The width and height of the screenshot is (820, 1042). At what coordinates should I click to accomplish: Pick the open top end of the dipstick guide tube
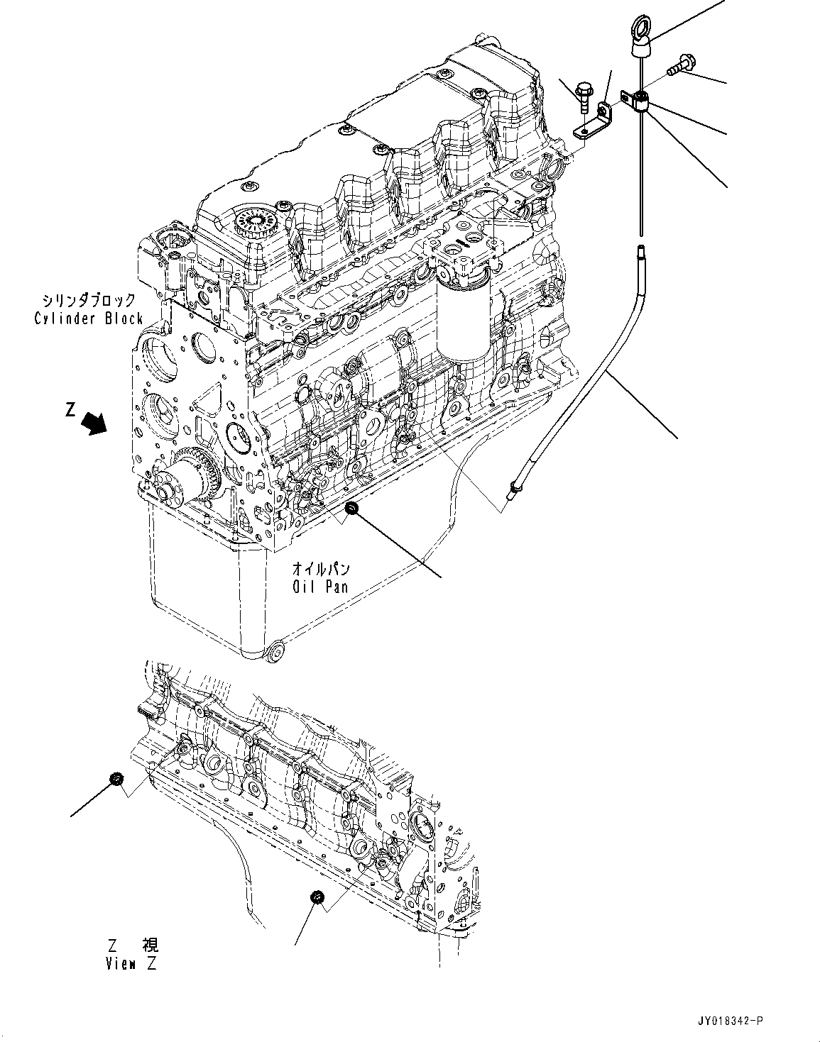point(641,248)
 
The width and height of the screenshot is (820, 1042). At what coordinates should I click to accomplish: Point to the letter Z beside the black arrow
point(70,409)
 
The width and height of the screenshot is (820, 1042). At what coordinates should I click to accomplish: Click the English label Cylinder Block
point(89,318)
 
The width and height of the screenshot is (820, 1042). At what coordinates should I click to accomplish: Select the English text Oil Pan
point(320,586)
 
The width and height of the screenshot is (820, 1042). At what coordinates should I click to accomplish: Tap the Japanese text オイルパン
point(321,569)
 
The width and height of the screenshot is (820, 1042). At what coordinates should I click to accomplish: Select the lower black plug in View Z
point(317,898)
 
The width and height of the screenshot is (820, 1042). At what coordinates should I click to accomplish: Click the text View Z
point(133,963)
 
